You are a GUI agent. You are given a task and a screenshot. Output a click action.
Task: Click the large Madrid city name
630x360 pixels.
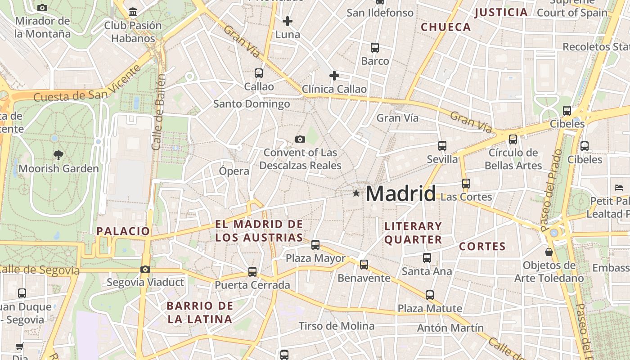[x=400, y=193]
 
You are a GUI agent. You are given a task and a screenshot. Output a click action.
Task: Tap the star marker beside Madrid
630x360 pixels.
[x=356, y=193]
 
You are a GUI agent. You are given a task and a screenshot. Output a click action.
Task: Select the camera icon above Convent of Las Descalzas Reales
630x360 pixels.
[x=300, y=139]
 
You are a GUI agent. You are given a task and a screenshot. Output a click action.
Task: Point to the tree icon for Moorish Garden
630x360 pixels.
[x=58, y=155]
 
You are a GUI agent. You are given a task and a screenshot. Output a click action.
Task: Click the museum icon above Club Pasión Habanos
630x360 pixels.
[x=133, y=12]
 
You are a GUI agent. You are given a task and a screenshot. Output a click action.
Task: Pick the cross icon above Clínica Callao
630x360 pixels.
[x=334, y=75]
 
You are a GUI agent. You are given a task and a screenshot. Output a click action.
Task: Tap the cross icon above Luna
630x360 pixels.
[x=288, y=21]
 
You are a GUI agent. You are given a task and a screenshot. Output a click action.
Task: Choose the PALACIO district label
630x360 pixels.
[x=123, y=231]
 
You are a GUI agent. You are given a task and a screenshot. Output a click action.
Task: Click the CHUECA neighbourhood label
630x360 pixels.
[x=445, y=27]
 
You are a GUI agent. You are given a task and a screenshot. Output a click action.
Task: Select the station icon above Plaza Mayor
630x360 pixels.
[x=315, y=245]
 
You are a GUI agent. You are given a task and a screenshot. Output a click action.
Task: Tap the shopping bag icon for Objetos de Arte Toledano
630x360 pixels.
[x=549, y=252]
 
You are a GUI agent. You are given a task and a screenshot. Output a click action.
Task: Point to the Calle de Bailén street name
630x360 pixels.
[x=158, y=112]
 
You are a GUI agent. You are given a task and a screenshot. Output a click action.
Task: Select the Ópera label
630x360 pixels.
[x=234, y=171]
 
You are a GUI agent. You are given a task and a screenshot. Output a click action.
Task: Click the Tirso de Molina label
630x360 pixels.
[x=337, y=326]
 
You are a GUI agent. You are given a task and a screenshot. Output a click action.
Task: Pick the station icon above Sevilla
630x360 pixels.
[x=442, y=146]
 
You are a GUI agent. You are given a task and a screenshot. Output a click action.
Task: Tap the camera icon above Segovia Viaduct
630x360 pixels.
[x=145, y=269]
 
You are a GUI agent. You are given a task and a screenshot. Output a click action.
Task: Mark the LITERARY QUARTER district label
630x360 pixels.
[x=413, y=233]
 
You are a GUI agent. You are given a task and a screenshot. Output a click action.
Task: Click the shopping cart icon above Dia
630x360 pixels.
[x=19, y=346]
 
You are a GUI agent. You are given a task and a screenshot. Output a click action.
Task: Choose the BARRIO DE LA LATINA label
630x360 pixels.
[x=200, y=313]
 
